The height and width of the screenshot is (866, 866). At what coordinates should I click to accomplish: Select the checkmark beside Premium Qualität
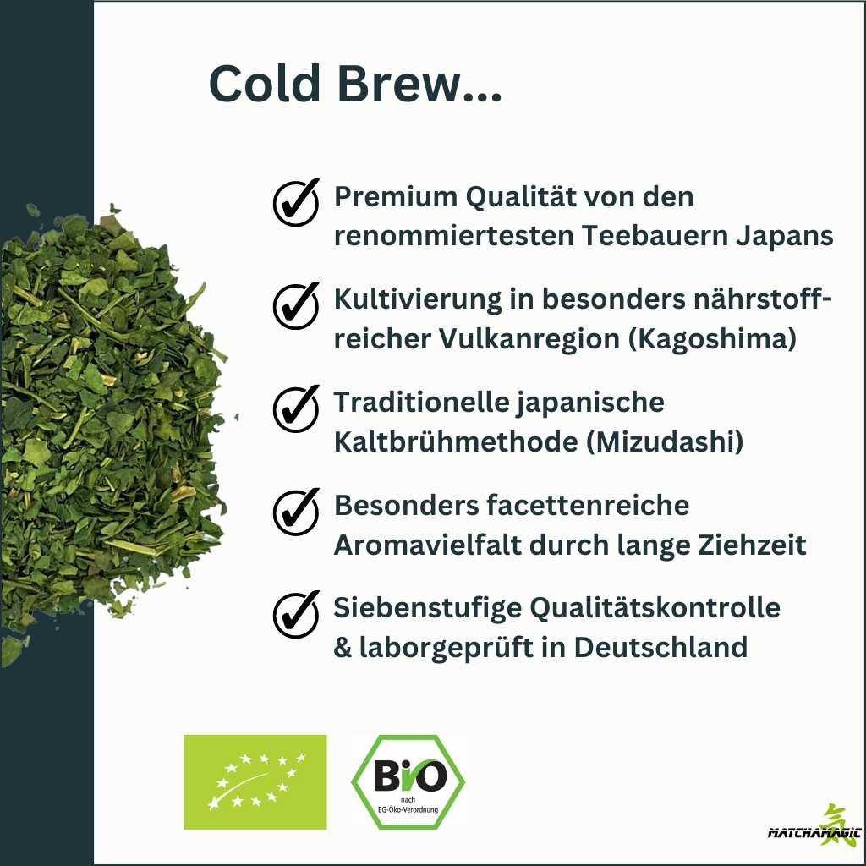pyautogui.click(x=296, y=203)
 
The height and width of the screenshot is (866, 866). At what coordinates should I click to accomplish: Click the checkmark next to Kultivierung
pyautogui.click(x=296, y=305)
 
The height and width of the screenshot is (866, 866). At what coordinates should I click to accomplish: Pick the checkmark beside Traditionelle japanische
pyautogui.click(x=296, y=408)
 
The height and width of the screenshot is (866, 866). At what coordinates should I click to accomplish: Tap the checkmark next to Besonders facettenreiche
pyautogui.click(x=296, y=512)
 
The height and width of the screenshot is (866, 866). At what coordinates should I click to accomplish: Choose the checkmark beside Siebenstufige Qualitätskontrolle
pyautogui.click(x=296, y=615)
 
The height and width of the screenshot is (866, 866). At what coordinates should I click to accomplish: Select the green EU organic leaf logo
pyautogui.click(x=255, y=782)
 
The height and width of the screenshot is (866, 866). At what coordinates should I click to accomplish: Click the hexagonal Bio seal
pyautogui.click(x=408, y=782)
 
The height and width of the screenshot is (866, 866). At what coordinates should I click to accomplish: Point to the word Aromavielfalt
pyautogui.click(x=428, y=545)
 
